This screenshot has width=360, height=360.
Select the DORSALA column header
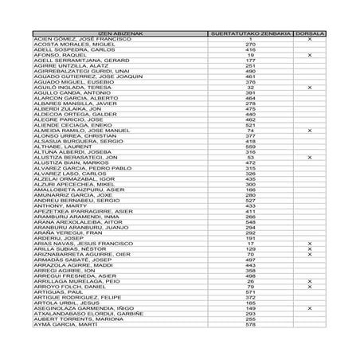[x=309, y=33]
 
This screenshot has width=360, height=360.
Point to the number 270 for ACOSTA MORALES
[x=250, y=44]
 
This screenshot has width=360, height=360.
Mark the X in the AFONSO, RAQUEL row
[x=309, y=55]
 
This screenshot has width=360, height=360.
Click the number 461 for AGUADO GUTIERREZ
[x=250, y=76]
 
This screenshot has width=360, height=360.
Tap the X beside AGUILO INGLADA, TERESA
[x=309, y=88]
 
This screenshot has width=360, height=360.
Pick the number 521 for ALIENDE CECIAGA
[x=250, y=125]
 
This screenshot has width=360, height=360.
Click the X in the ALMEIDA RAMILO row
[x=309, y=131]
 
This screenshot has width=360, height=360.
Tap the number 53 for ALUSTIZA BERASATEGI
[x=250, y=158]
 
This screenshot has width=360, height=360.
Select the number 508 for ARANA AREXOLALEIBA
[x=250, y=222]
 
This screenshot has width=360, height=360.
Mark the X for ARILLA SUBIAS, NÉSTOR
[x=309, y=249]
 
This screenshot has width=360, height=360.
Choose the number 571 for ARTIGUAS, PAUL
[x=250, y=292]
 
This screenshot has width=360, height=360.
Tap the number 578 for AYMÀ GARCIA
[x=250, y=325]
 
